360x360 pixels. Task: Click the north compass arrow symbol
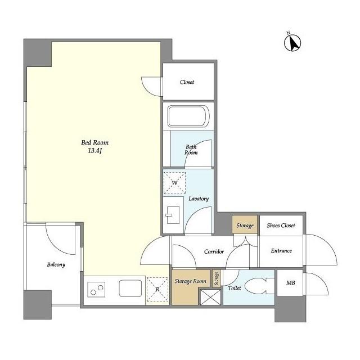[292, 43]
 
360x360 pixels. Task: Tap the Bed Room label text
[95, 143]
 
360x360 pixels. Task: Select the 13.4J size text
[95, 151]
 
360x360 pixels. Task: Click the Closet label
[187, 82]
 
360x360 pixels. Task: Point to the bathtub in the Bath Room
[188, 116]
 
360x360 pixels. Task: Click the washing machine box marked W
[174, 183]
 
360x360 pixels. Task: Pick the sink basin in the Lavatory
[173, 215]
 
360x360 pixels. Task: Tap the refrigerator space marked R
[157, 289]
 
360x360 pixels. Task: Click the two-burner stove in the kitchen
[96, 290]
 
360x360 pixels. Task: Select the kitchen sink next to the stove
[130, 288]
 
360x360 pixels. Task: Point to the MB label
[290, 283]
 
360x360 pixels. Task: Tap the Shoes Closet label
[281, 226]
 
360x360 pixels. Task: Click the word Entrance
[281, 251]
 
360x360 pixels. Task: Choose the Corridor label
[214, 251]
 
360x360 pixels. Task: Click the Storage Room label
[190, 281]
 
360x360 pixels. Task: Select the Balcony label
[56, 265]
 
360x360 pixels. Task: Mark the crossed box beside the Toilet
[210, 297]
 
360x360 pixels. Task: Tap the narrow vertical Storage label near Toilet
[216, 278]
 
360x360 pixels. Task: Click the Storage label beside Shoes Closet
[245, 226]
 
